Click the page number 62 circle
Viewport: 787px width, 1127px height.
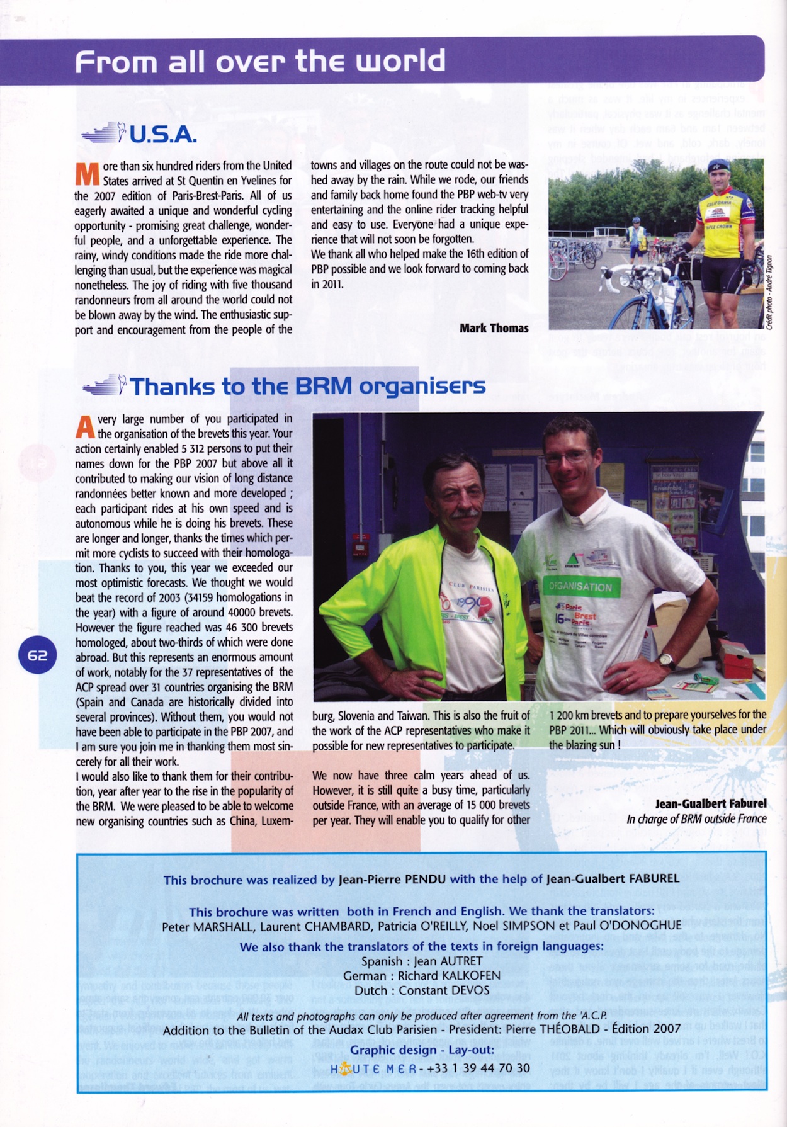[37, 655]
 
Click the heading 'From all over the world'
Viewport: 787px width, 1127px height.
[260, 62]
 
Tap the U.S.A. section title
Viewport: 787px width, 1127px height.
[163, 134]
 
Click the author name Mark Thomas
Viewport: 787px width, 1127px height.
[494, 328]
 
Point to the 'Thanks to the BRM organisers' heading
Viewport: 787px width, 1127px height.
[307, 386]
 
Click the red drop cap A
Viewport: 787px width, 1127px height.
[85, 428]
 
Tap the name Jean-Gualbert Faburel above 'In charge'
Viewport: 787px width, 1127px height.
[710, 803]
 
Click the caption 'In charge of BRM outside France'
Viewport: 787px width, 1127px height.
[696, 819]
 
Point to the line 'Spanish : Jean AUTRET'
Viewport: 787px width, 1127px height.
[422, 961]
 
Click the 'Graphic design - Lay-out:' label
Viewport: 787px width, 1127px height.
[422, 1050]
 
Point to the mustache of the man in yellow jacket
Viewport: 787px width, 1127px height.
[465, 513]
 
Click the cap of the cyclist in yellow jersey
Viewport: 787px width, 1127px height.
[718, 165]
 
